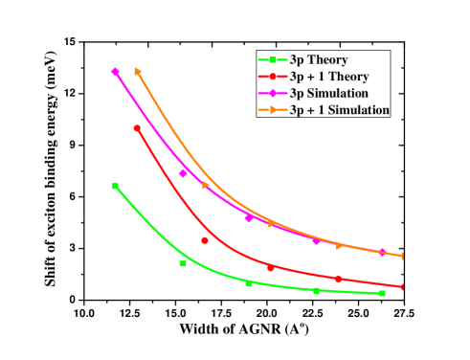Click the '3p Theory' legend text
(x=321, y=59)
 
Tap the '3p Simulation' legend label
(x=329, y=94)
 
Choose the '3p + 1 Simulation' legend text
(x=339, y=111)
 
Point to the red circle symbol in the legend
(x=273, y=77)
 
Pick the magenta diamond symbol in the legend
(x=273, y=94)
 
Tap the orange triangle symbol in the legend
(x=273, y=111)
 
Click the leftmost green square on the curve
(x=116, y=186)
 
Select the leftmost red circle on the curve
(x=137, y=127)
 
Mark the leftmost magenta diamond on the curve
(x=116, y=72)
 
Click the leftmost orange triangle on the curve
(x=138, y=71)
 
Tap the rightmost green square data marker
(x=382, y=293)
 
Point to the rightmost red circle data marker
(x=403, y=286)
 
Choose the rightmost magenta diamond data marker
(x=382, y=252)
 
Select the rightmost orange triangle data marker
(x=403, y=256)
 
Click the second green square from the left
(x=183, y=262)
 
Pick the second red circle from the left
(x=205, y=240)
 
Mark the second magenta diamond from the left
(x=183, y=173)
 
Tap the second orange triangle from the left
(x=205, y=186)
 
